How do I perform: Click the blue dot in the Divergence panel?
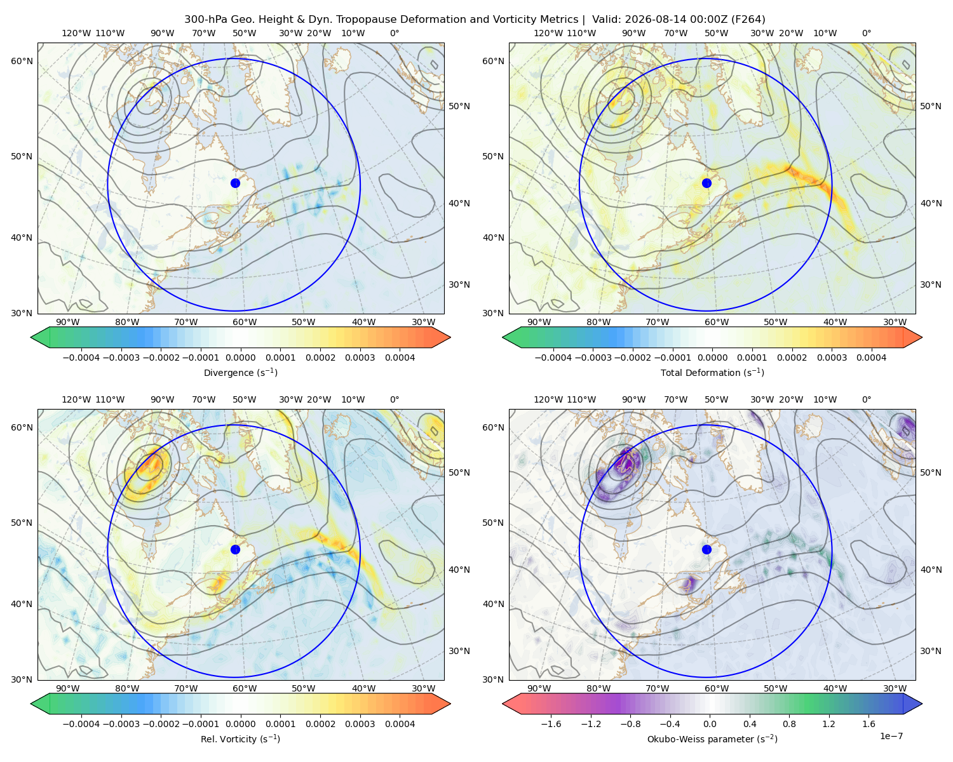(x=235, y=183)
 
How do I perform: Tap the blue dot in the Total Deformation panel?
(x=706, y=183)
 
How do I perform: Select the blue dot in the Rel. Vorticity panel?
(x=235, y=549)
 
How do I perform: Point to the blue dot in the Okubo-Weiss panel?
(x=706, y=549)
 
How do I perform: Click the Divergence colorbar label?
(x=240, y=372)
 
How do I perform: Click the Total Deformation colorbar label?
(x=712, y=372)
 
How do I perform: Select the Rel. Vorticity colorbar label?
(x=240, y=739)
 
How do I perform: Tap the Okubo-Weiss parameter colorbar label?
(x=712, y=739)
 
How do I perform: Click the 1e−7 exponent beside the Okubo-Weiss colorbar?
(x=891, y=736)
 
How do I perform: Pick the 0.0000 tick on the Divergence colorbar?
(x=240, y=358)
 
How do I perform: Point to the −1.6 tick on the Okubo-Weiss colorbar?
(x=551, y=724)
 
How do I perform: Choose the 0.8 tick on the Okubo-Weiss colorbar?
(x=789, y=724)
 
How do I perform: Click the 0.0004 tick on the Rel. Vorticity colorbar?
(x=400, y=724)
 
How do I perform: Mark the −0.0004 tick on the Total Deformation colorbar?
(x=553, y=358)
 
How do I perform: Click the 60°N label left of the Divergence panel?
(x=22, y=61)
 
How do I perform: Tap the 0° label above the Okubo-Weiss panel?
(x=866, y=399)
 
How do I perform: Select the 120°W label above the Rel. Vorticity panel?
(x=76, y=399)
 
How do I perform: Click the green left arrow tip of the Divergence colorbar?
(x=31, y=337)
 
